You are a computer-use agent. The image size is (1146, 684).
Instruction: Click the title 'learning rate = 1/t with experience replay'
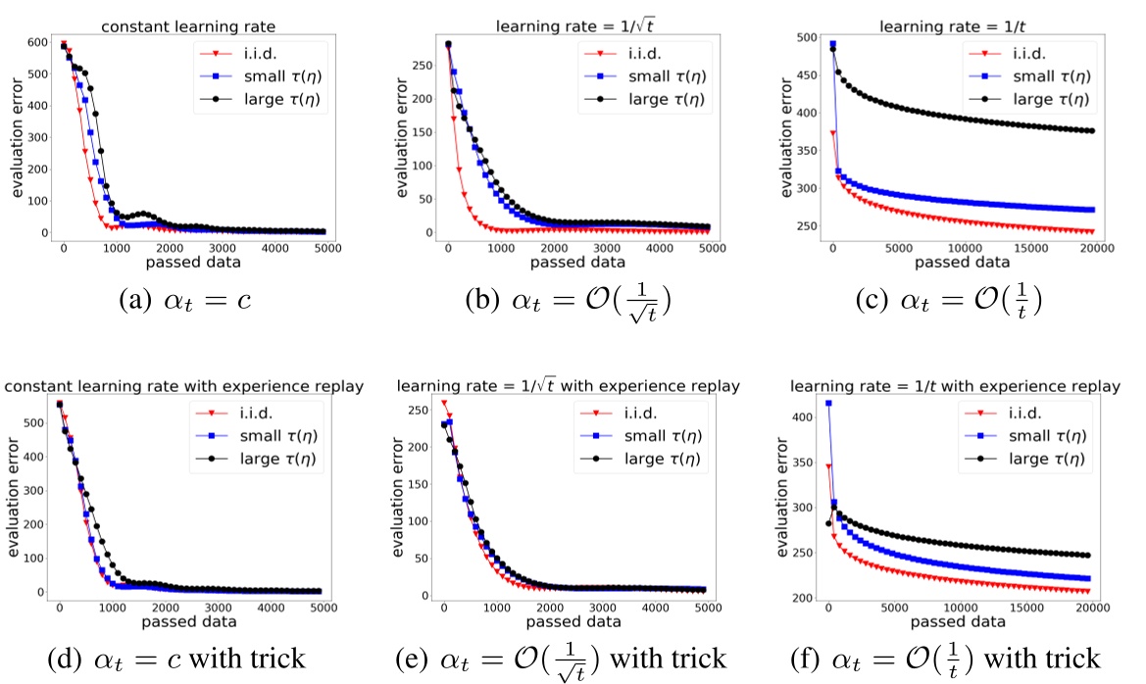(x=955, y=387)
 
